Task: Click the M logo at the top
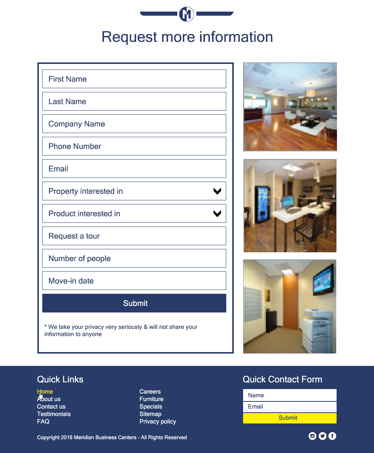point(187,14)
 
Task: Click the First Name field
point(134,79)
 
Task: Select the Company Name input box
point(134,124)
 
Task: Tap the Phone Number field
point(134,146)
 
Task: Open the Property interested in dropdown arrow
point(217,191)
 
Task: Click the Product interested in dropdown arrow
point(217,214)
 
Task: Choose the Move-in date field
point(134,281)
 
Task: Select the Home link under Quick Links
point(45,392)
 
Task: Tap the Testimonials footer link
point(54,414)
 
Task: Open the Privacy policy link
point(157,422)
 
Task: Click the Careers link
point(150,392)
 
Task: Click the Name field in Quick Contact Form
point(289,395)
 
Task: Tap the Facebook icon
point(332,436)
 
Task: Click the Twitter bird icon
point(322,436)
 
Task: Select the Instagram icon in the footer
point(313,436)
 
